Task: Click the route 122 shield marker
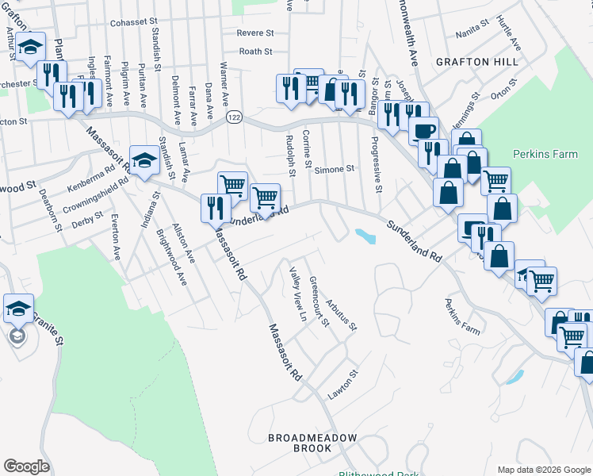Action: click(x=236, y=117)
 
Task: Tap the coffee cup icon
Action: click(x=423, y=130)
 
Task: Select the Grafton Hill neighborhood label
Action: click(x=476, y=61)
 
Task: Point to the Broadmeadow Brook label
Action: click(x=312, y=443)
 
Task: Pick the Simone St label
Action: click(x=334, y=169)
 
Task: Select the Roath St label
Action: click(x=255, y=52)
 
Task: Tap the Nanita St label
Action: click(x=474, y=35)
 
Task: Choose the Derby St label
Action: click(x=87, y=218)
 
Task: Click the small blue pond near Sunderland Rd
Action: click(x=365, y=236)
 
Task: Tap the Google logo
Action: click(x=26, y=466)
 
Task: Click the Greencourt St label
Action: click(x=319, y=301)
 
